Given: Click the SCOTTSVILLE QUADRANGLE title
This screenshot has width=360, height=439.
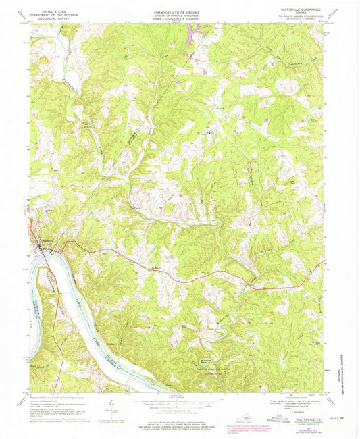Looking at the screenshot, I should [301, 9].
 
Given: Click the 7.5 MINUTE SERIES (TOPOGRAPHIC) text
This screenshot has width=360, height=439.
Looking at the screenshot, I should [301, 16].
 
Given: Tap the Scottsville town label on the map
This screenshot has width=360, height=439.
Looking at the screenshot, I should [44, 244].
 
